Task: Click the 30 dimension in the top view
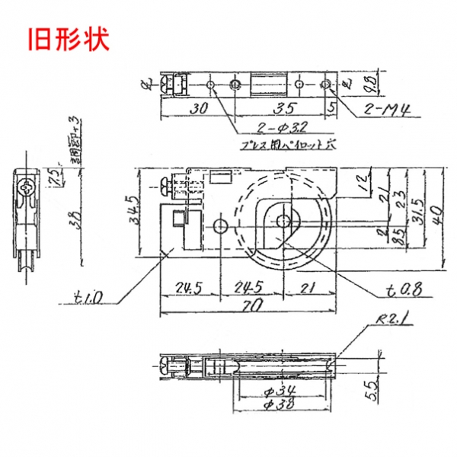pyautogui.click(x=200, y=109)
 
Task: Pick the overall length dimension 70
pyautogui.click(x=251, y=305)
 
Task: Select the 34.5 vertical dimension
pyautogui.click(x=133, y=209)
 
